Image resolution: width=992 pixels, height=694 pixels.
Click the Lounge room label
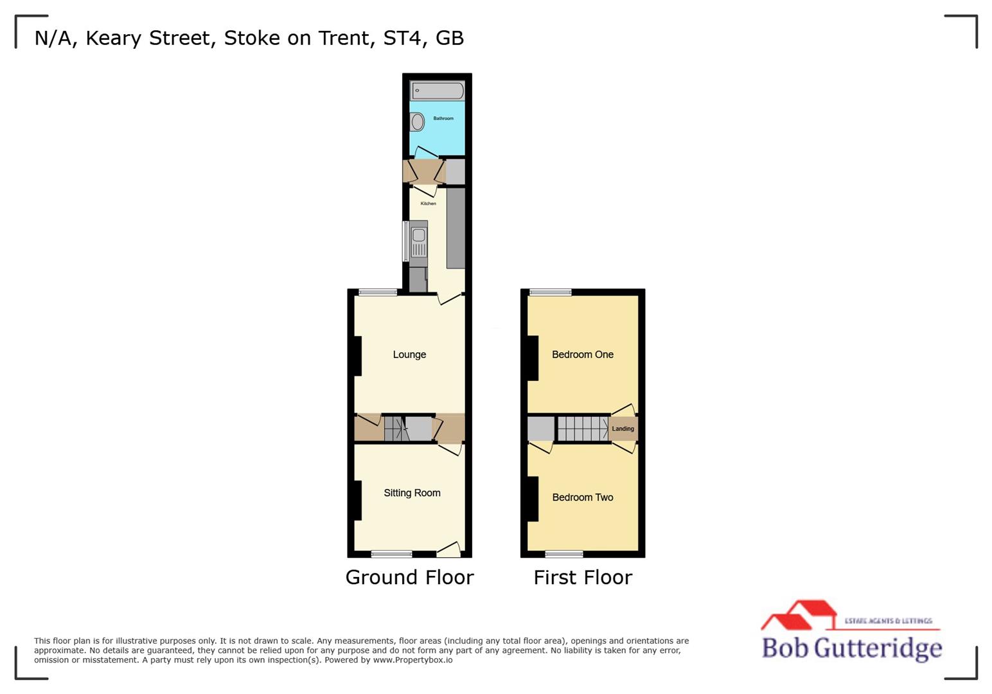click(409, 355)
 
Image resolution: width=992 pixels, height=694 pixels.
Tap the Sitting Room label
click(412, 493)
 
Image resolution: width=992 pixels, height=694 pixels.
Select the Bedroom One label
click(582, 355)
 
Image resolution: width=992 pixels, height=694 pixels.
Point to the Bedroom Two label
click(582, 497)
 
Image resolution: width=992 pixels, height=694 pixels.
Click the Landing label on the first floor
click(623, 429)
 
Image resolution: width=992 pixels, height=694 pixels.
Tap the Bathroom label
click(443, 118)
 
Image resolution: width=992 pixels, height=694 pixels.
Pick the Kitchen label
click(428, 204)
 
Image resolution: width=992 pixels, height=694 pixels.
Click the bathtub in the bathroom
click(438, 91)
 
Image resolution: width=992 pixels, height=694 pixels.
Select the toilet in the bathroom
click(417, 121)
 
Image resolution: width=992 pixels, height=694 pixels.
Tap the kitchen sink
click(418, 236)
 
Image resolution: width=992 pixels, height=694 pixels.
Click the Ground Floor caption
click(409, 577)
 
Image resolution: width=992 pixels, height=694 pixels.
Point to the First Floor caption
click(583, 577)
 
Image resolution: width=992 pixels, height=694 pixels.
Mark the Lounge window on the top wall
click(378, 292)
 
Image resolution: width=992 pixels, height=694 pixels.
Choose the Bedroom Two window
click(564, 554)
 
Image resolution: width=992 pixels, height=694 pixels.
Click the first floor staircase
click(582, 429)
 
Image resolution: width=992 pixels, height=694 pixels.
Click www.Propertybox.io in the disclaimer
click(412, 660)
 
